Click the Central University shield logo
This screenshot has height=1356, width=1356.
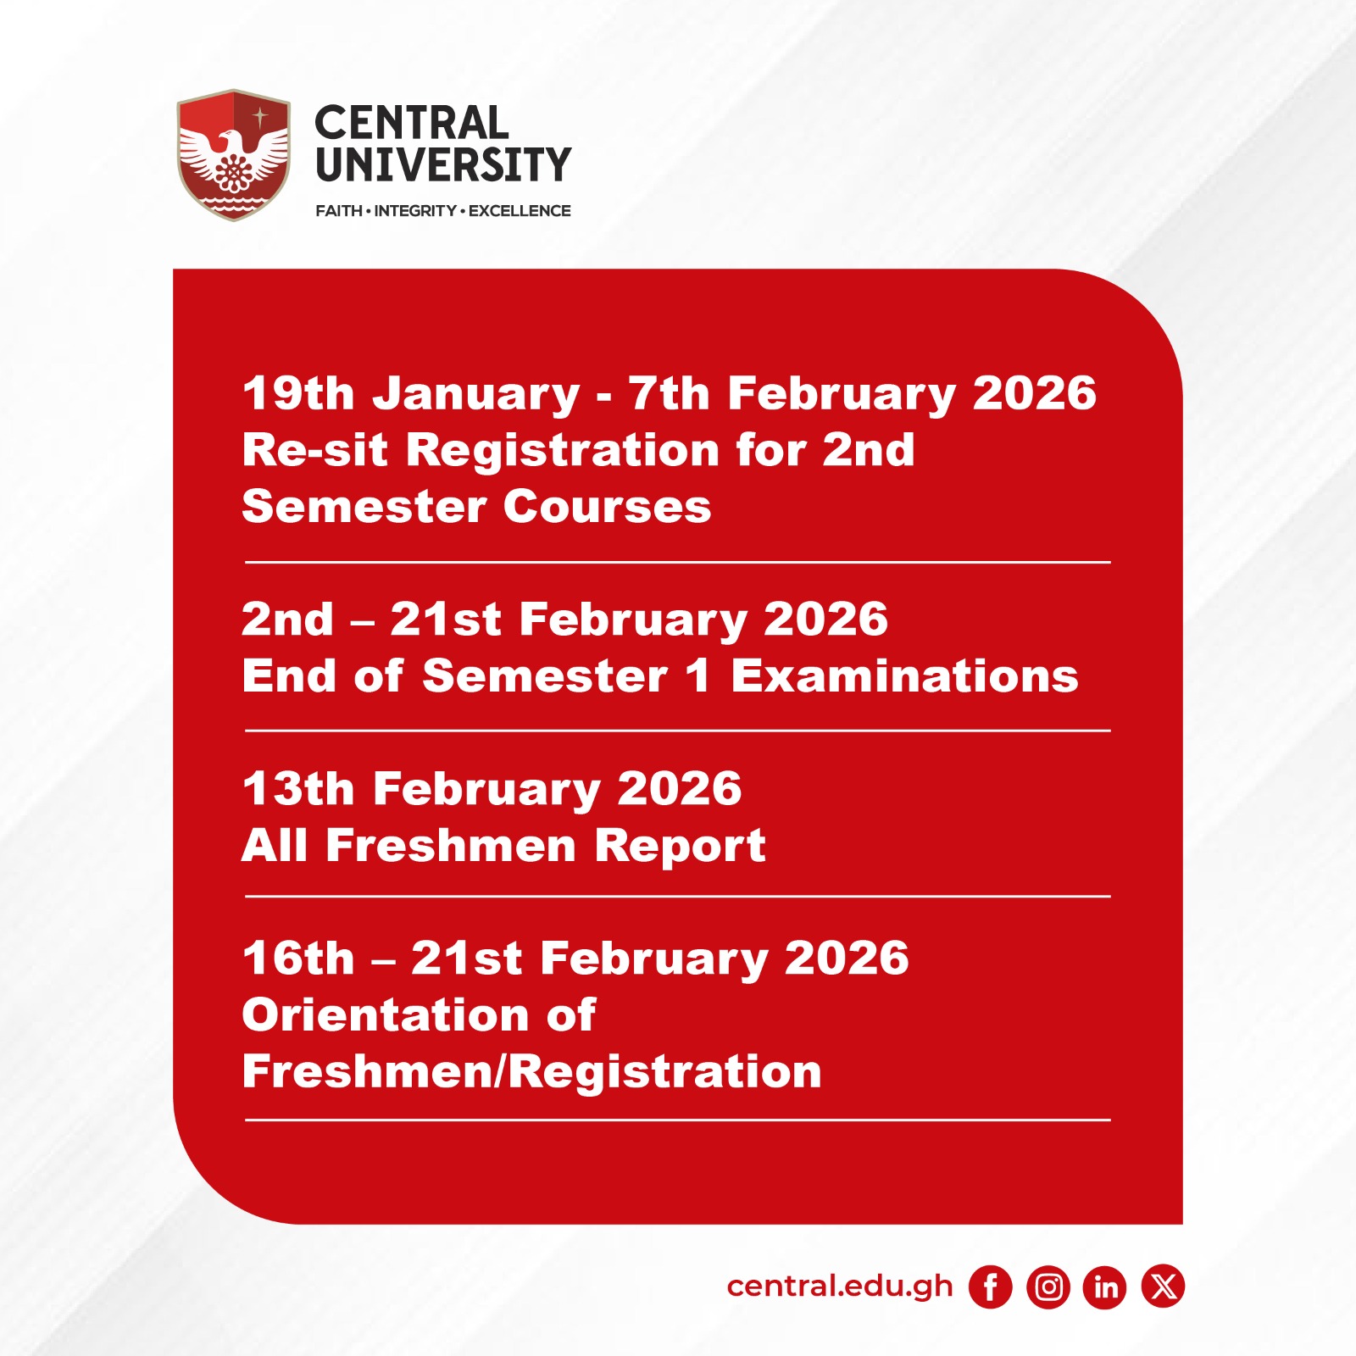pyautogui.click(x=233, y=154)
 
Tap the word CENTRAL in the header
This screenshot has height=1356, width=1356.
pyautogui.click(x=412, y=123)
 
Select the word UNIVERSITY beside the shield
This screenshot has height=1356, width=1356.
pyautogui.click(x=443, y=164)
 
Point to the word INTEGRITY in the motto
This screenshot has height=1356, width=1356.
pyautogui.click(x=415, y=211)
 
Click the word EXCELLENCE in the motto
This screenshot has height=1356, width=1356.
pyautogui.click(x=520, y=211)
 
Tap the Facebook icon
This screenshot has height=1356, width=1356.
pyautogui.click(x=991, y=1287)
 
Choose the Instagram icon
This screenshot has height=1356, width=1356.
pyautogui.click(x=1048, y=1287)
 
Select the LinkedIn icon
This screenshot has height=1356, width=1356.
pyautogui.click(x=1105, y=1287)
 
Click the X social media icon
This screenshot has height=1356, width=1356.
pyautogui.click(x=1163, y=1287)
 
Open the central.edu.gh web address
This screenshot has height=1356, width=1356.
pyautogui.click(x=840, y=1287)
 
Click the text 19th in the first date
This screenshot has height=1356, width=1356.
pyautogui.click(x=298, y=393)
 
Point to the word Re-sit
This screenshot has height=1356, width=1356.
pyautogui.click(x=315, y=449)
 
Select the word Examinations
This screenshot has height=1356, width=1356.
pyautogui.click(x=905, y=676)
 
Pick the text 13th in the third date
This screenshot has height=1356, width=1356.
pyautogui.click(x=298, y=789)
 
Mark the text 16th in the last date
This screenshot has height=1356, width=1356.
pyautogui.click(x=298, y=959)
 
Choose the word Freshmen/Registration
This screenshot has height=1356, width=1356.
pyautogui.click(x=532, y=1072)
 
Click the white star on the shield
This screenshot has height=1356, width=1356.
pyautogui.click(x=260, y=117)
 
